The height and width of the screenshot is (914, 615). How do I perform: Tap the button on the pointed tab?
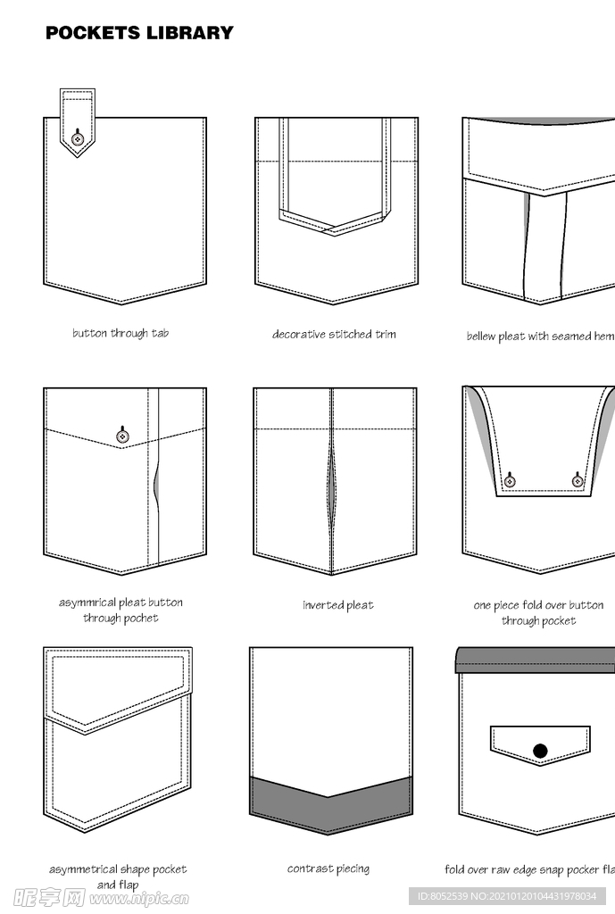tap(78, 138)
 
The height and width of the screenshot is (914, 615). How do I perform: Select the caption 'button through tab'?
tap(121, 334)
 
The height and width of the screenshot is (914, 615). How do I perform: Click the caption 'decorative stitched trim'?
tap(334, 334)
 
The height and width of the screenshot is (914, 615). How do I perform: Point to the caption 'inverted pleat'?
tap(338, 605)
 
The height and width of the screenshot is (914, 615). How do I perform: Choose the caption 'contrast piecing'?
tap(328, 868)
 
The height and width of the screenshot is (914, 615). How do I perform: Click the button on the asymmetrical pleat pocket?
tap(122, 436)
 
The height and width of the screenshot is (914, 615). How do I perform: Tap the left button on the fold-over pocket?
tap(510, 481)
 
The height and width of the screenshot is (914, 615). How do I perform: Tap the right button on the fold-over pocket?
tap(578, 481)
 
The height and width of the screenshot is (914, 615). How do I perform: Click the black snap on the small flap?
tap(540, 751)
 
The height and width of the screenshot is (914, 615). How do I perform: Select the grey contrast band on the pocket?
tap(331, 804)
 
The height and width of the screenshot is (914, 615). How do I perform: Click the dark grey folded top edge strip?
tap(536, 660)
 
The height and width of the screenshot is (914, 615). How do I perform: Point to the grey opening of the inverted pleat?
tap(332, 486)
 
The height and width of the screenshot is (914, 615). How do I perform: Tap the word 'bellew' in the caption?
tap(481, 337)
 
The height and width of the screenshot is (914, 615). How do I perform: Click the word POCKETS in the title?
tap(93, 33)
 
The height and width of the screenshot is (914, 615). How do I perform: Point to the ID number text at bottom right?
tap(507, 896)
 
